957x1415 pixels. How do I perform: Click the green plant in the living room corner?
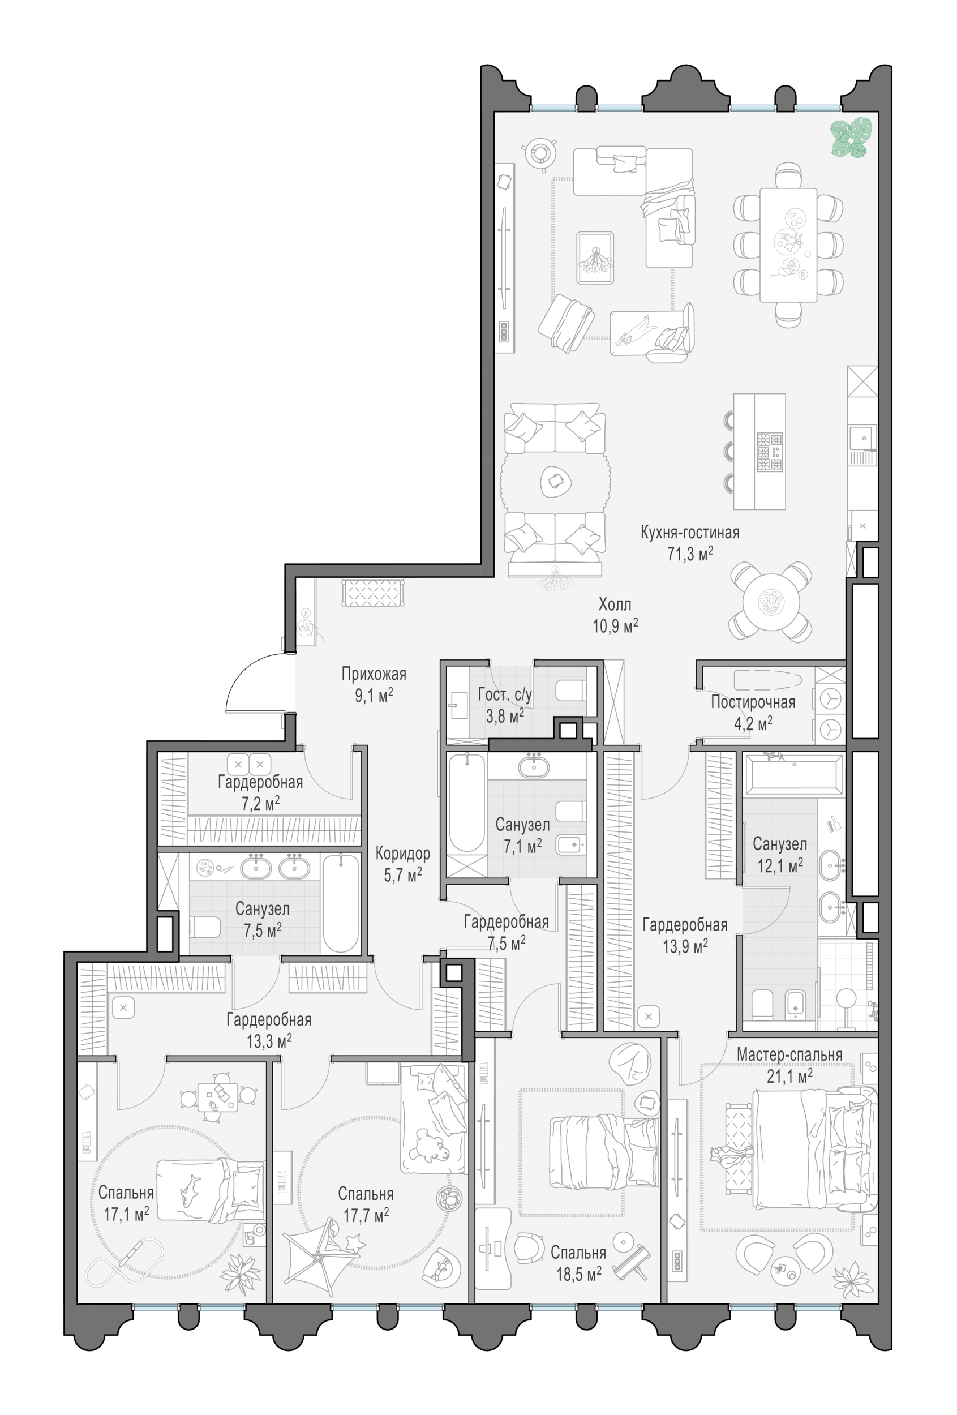(852, 138)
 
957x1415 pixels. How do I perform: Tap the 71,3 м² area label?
(690, 554)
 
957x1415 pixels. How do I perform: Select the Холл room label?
(615, 604)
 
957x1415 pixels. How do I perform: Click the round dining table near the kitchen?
(771, 602)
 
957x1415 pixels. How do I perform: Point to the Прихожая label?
(374, 674)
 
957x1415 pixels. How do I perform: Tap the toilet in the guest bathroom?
(571, 691)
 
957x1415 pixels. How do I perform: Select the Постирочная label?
(753, 702)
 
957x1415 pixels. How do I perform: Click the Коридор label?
(402, 853)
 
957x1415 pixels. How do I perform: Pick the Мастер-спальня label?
(789, 1054)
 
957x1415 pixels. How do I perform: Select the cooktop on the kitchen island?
(770, 452)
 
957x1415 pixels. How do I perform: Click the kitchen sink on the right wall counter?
(862, 437)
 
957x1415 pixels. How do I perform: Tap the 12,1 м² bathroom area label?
(780, 865)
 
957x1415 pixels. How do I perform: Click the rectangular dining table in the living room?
(788, 245)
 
